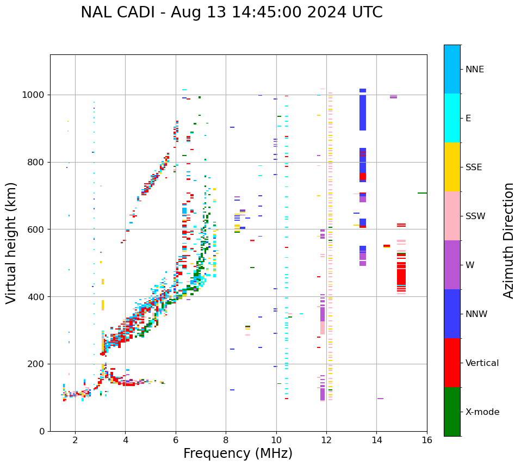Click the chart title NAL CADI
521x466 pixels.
[x=231, y=13]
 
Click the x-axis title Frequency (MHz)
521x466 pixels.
[x=238, y=453]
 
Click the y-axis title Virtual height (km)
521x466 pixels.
[x=11, y=243]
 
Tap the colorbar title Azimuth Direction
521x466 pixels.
[x=508, y=240]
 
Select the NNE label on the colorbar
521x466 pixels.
[x=474, y=70]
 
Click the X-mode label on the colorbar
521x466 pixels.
[x=482, y=412]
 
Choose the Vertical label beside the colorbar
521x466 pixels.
[x=482, y=363]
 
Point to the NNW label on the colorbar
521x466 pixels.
[x=476, y=314]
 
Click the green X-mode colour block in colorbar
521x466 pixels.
[x=452, y=412]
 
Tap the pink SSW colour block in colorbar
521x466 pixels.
[x=452, y=216]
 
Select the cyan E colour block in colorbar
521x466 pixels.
[x=452, y=118]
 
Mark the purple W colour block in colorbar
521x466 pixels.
[x=452, y=265]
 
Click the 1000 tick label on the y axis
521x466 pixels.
[x=34, y=95]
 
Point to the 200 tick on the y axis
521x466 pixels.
[x=36, y=364]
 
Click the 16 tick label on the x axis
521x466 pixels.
[x=426, y=440]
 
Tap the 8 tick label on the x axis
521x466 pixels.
[x=226, y=440]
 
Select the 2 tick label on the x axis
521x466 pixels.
[x=75, y=440]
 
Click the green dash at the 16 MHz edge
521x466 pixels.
[x=422, y=193]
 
